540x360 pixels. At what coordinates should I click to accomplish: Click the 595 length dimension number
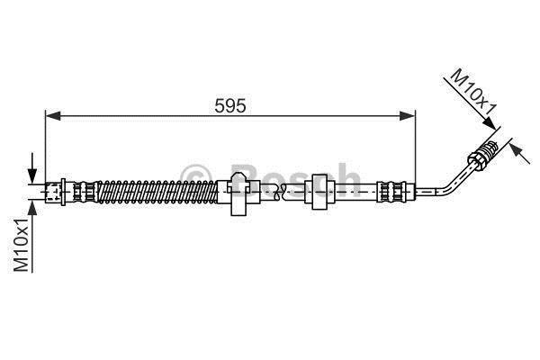pos(230,106)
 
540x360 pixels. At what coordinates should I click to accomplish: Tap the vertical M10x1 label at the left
pos(21,245)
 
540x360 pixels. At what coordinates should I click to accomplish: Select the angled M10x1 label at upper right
pos(474,93)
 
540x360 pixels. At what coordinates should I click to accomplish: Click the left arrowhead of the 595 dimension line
pos(53,116)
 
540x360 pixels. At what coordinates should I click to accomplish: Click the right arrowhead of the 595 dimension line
pos(408,116)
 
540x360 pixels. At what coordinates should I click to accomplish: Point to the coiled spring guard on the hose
pos(157,192)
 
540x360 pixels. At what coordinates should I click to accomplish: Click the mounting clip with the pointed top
pos(238,194)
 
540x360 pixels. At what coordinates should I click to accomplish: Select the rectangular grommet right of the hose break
pos(319,192)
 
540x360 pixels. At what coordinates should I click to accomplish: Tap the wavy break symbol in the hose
pos(279,192)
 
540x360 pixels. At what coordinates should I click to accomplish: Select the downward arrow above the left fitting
pos(32,168)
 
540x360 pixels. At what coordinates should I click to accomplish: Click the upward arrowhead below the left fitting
pos(32,208)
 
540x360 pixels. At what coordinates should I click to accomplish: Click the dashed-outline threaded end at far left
pos(53,192)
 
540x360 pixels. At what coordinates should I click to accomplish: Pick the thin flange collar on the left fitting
pos(63,192)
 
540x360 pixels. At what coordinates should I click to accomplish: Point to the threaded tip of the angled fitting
pos(490,148)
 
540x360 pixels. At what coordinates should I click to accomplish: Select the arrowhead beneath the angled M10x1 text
pos(490,123)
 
